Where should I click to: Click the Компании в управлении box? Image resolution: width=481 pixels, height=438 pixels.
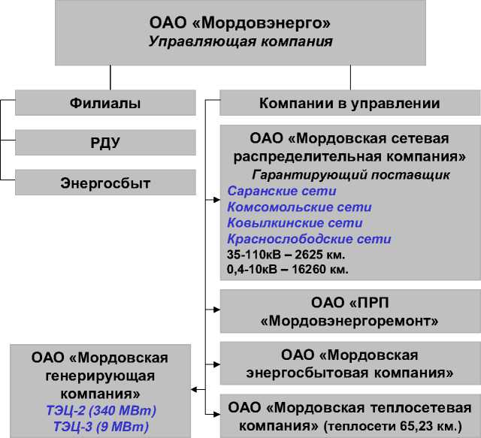click(349, 104)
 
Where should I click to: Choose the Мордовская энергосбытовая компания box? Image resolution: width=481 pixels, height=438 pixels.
click(349, 363)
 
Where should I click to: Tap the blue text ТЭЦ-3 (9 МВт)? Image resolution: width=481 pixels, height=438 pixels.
click(100, 426)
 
